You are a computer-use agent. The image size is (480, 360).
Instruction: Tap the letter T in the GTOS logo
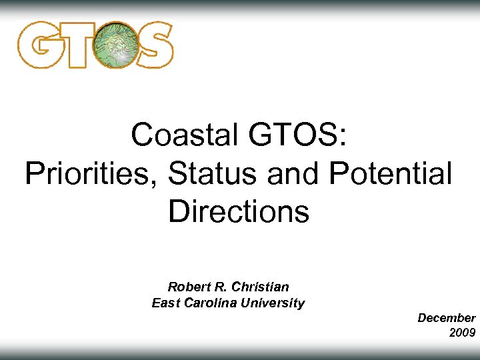pos(77,45)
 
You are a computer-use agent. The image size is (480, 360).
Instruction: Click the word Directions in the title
pos(239,212)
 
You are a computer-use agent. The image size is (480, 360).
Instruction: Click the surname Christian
pos(263,287)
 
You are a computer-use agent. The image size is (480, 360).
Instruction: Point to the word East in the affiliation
pos(165,303)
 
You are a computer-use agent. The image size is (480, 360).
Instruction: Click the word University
pos(275,303)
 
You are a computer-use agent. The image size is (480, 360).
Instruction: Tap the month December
pos(446,318)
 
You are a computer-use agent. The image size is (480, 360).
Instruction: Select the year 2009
pos(462,332)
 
